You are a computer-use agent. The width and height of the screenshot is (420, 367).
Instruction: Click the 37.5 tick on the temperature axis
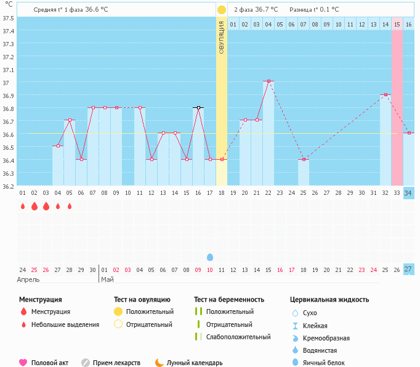pyautogui.click(x=8, y=17)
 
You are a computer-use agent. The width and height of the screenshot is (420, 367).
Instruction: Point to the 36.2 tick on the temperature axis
pyautogui.click(x=8, y=186)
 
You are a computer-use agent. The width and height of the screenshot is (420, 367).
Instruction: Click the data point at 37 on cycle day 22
pyautogui.click(x=269, y=81)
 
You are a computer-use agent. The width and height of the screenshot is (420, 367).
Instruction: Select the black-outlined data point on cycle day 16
pyautogui.click(x=198, y=107)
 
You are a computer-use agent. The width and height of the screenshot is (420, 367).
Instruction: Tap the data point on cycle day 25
pyautogui.click(x=304, y=159)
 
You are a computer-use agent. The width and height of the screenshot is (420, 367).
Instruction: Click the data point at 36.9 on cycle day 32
pyautogui.click(x=386, y=94)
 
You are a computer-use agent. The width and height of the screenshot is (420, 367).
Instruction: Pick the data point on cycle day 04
pyautogui.click(x=58, y=146)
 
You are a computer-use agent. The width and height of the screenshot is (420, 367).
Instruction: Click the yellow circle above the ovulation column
pyautogui.click(x=222, y=10)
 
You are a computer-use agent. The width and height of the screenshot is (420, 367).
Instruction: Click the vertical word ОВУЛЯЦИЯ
pyautogui.click(x=222, y=37)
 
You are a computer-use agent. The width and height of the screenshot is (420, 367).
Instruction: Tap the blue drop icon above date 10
pyautogui.click(x=210, y=257)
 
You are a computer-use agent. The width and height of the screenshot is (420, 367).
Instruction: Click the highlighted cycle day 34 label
pyautogui.click(x=408, y=193)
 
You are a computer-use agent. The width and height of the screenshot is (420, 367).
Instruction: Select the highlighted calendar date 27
pyautogui.click(x=408, y=270)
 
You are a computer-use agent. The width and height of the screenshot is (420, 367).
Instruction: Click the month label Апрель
pyautogui.click(x=28, y=279)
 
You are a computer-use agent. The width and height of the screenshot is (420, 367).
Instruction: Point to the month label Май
pyautogui.click(x=107, y=279)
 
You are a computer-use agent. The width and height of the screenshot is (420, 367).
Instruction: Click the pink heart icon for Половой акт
pyautogui.click(x=23, y=363)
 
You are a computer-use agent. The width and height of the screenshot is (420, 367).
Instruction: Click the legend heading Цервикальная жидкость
pyautogui.click(x=329, y=300)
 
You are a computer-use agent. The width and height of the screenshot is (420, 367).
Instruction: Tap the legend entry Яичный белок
pyautogui.click(x=324, y=363)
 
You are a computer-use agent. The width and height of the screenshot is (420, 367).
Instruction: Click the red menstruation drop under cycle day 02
pyautogui.click(x=34, y=206)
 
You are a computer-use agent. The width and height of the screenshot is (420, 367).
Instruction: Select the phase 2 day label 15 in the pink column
pyautogui.click(x=397, y=24)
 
